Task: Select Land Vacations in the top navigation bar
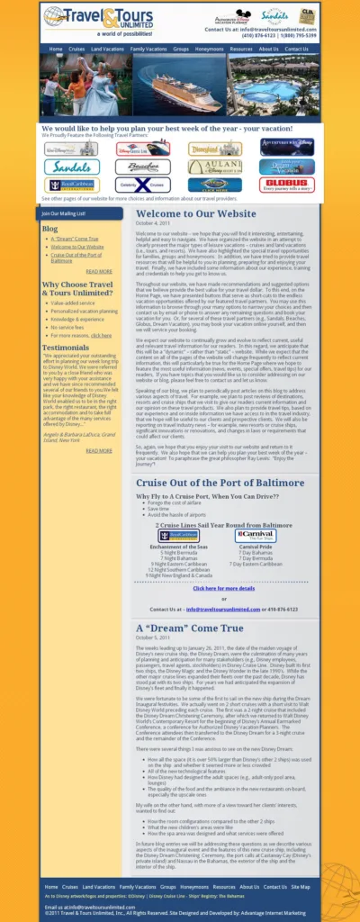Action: tap(107, 49)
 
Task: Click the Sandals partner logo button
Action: tap(71, 167)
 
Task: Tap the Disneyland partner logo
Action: tap(215, 149)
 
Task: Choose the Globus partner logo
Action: tap(287, 185)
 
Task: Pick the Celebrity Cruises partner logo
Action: tap(143, 185)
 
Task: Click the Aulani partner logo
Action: tap(215, 167)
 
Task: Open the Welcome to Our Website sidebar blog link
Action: tap(77, 247)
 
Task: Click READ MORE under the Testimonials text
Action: tap(99, 450)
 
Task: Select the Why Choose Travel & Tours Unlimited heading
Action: tap(77, 288)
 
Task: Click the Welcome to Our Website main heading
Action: tap(196, 213)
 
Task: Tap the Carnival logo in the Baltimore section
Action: tap(256, 536)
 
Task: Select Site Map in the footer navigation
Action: tap(301, 887)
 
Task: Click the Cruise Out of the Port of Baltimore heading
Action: tap(220, 483)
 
